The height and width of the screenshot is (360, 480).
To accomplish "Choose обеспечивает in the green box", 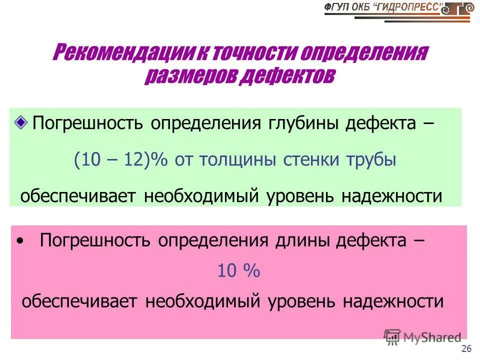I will (x=79, y=195).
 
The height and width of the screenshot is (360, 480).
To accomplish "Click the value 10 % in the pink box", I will (x=238, y=271).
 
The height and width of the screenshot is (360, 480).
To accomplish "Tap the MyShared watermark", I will (x=422, y=337).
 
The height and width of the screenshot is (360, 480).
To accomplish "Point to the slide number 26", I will (x=466, y=348).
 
